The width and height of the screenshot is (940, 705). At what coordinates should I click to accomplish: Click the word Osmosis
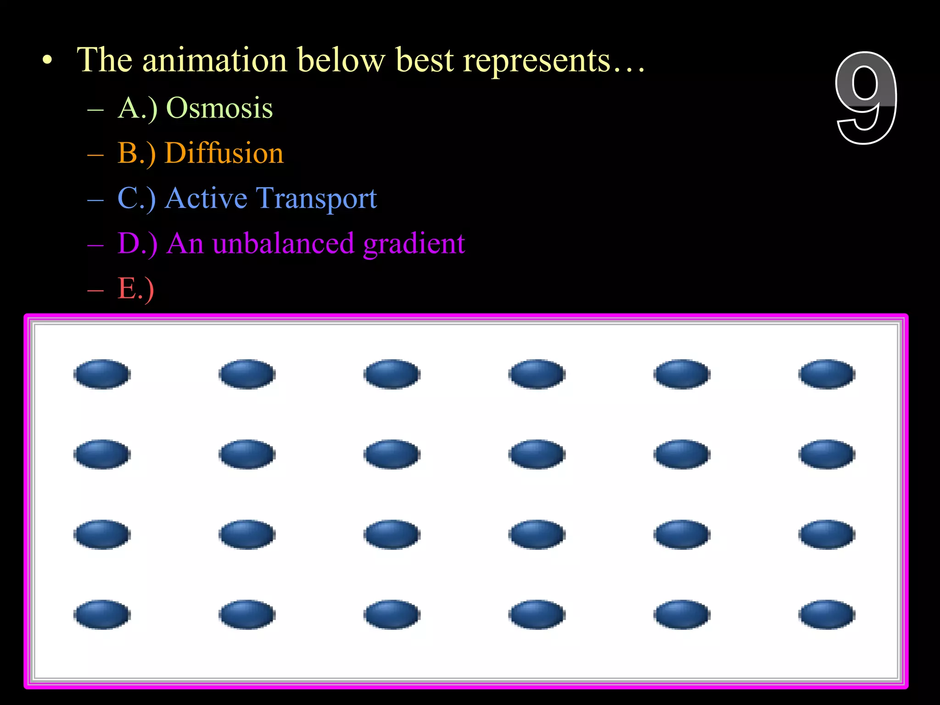[219, 108]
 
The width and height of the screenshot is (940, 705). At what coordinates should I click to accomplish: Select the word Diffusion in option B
[224, 153]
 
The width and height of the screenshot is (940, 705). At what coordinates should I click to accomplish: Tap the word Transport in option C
[316, 198]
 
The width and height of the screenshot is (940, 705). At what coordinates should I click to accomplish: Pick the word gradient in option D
[414, 243]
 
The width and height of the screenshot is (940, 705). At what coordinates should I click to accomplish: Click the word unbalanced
[283, 243]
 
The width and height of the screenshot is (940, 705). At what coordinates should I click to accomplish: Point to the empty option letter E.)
[135, 288]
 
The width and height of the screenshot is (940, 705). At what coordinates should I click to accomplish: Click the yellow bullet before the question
[47, 60]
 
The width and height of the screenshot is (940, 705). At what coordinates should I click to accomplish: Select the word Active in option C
[206, 198]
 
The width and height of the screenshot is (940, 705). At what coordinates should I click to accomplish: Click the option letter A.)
[137, 108]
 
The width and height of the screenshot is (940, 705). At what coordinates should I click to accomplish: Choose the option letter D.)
[137, 243]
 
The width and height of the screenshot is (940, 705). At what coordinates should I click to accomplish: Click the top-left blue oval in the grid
[102, 374]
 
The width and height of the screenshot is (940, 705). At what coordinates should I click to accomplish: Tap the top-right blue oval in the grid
[827, 374]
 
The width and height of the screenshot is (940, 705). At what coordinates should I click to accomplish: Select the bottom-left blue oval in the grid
[102, 615]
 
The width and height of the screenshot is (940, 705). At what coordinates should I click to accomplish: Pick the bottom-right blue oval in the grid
[827, 615]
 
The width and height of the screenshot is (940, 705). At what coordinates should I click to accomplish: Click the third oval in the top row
[392, 374]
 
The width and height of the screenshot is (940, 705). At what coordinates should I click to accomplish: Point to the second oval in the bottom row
[247, 615]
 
